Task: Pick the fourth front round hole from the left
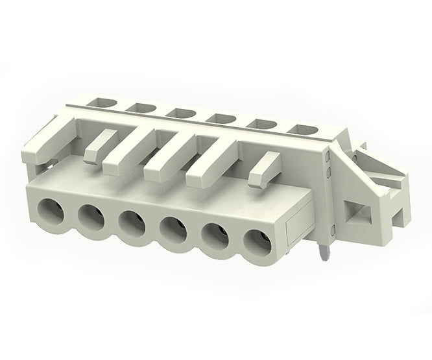click(x=174, y=228)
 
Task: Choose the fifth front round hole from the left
click(x=214, y=235)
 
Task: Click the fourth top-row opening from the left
click(x=218, y=117)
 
